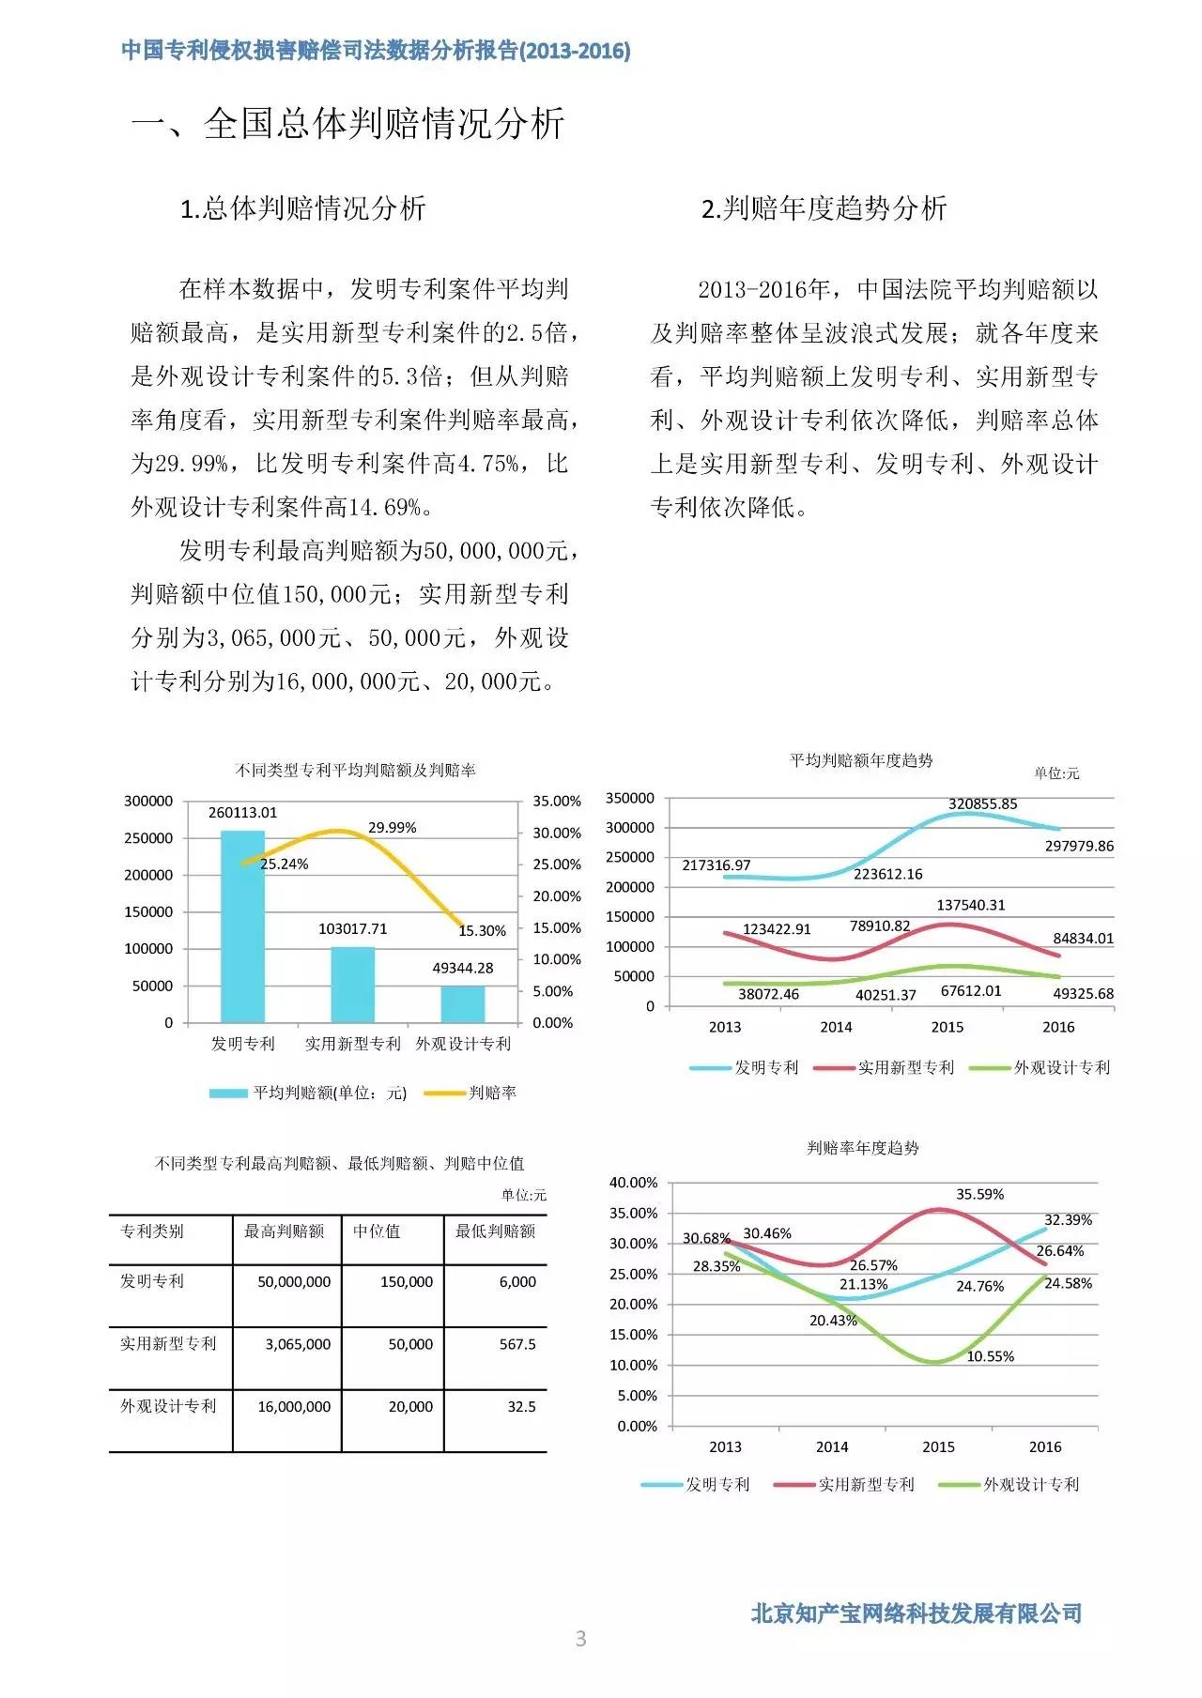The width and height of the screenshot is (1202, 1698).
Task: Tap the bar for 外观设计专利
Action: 463,1003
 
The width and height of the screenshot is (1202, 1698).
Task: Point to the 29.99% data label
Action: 392,828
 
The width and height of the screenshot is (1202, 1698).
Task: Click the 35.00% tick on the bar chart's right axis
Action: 557,802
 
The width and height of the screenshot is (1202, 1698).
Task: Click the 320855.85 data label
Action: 982,804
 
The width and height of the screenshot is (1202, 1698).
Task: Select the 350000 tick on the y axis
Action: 630,798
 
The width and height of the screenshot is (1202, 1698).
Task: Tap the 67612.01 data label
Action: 971,991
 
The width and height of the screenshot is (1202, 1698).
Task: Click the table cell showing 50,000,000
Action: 294,1282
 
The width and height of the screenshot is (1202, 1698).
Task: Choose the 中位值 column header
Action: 377,1231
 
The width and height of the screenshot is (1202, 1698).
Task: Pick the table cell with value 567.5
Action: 517,1344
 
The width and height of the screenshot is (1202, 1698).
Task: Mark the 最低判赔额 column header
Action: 495,1231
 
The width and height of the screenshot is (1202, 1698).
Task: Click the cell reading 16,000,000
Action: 294,1407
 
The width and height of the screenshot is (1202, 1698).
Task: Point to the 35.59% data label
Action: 979,1195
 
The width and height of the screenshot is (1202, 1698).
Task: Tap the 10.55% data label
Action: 990,1356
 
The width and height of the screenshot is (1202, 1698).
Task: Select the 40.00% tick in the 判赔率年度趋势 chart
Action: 633,1183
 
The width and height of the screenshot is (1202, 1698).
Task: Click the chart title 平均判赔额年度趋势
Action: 861,760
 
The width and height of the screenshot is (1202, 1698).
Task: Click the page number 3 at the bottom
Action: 580,1639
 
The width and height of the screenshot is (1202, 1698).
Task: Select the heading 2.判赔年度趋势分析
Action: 824,208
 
